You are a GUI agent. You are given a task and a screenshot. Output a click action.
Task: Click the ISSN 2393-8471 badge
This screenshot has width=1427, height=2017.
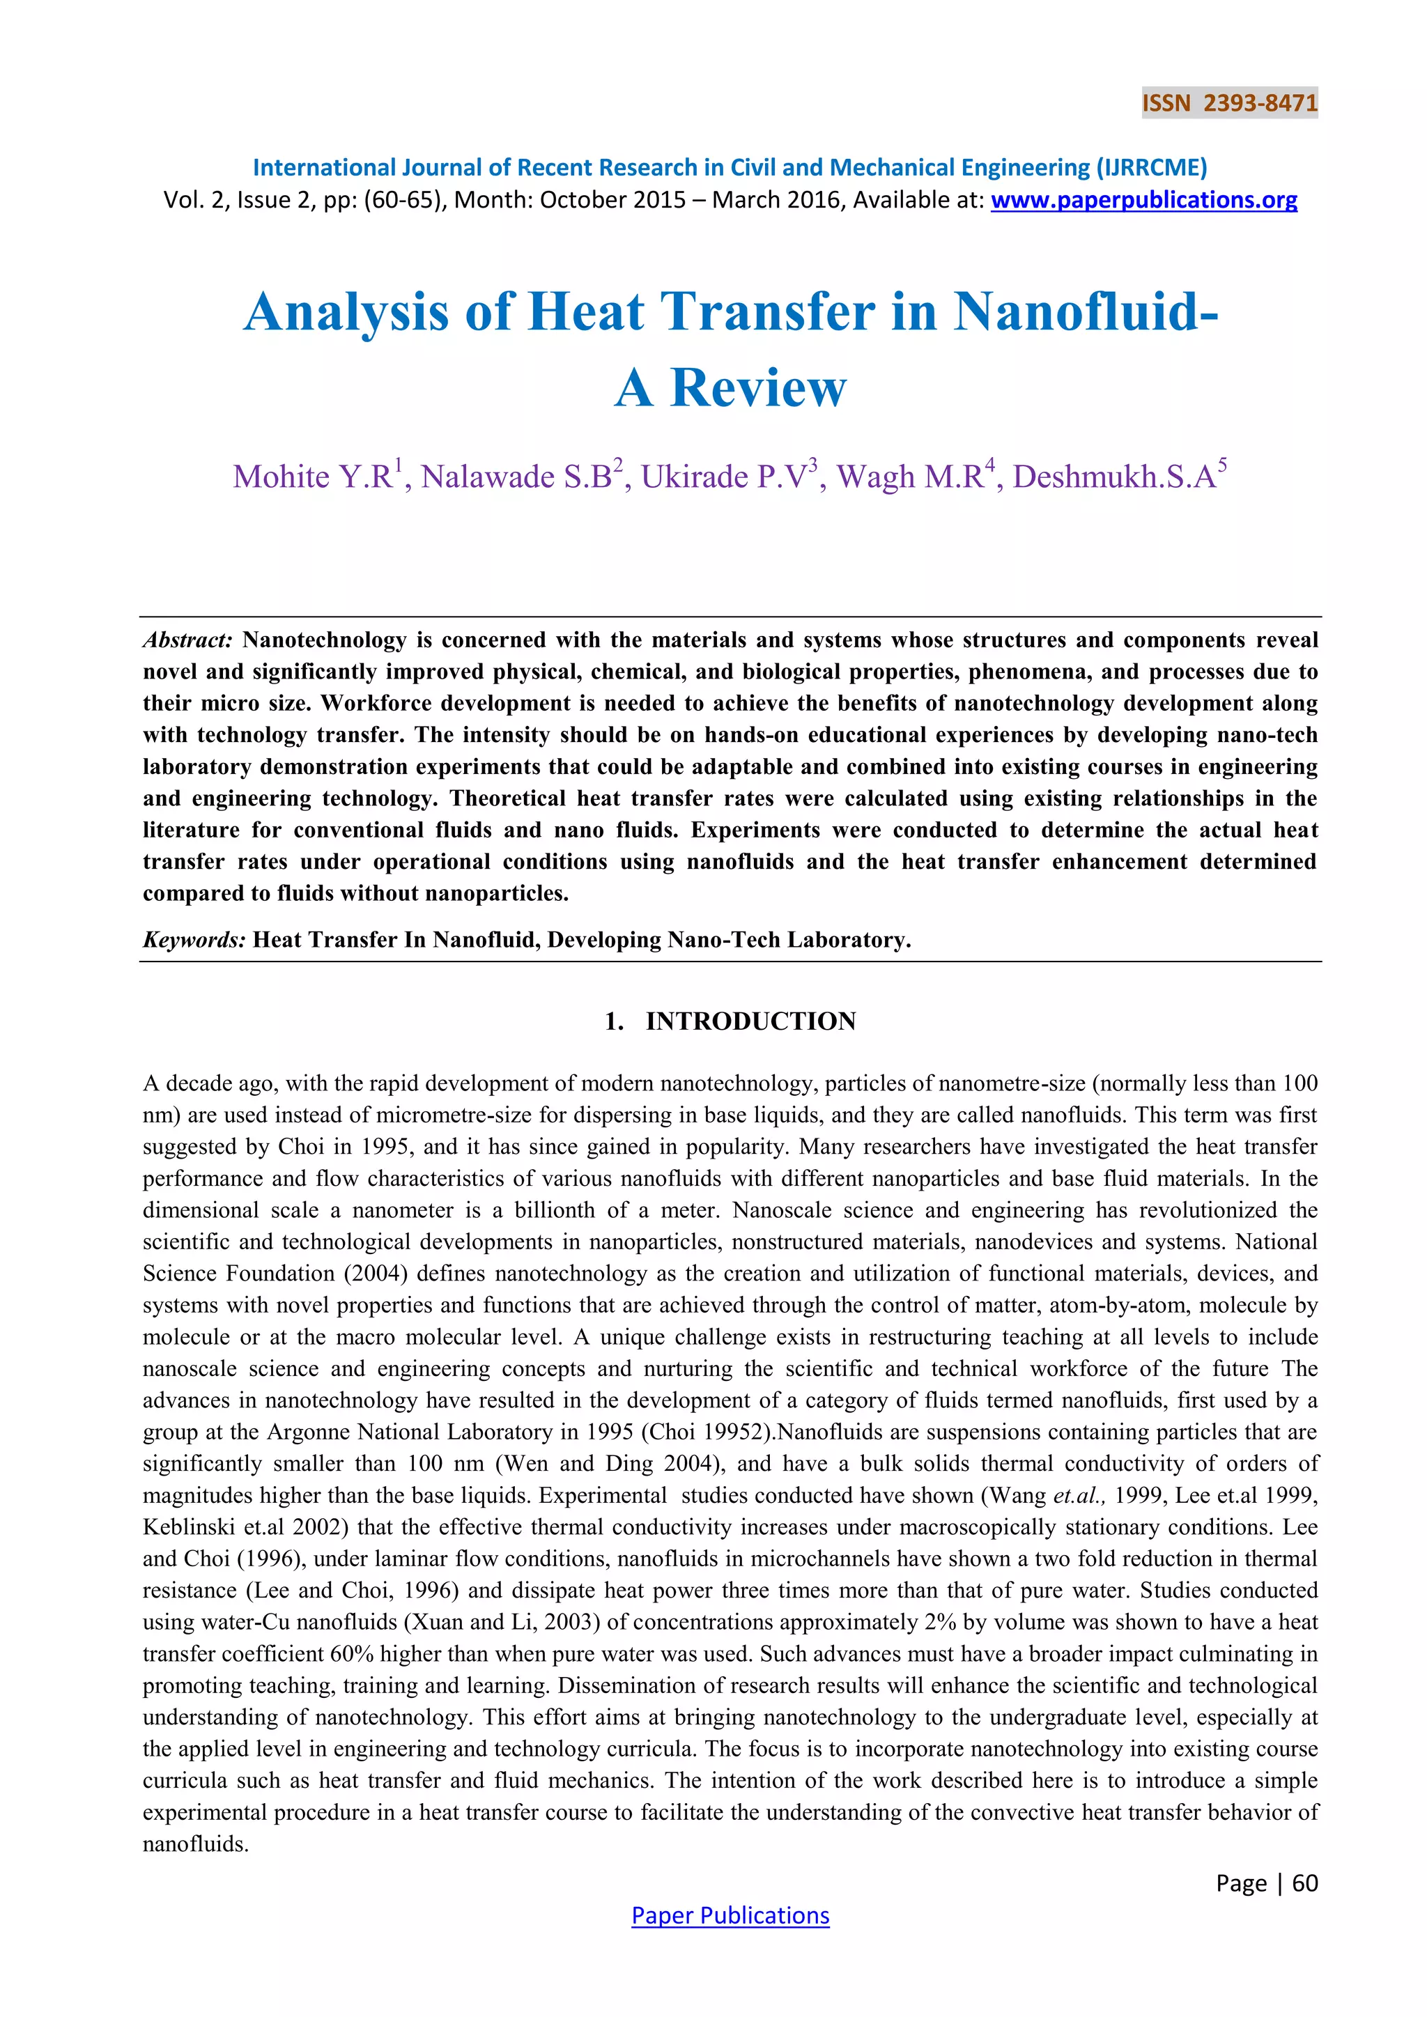click(1229, 104)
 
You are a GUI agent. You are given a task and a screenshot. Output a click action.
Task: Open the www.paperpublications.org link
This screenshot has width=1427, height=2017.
click(1143, 200)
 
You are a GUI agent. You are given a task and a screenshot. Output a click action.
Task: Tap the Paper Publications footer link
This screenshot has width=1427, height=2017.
click(730, 1915)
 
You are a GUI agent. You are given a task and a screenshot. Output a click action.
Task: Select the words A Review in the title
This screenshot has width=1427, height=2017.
click(730, 388)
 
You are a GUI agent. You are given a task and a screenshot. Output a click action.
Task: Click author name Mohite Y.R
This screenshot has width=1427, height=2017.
click(313, 477)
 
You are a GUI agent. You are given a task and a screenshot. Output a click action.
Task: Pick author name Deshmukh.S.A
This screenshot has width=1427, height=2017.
click(1114, 477)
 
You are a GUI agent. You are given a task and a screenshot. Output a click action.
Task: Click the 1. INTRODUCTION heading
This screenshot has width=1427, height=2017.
click(730, 1021)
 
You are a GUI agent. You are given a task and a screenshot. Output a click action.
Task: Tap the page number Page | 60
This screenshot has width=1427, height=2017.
click(1266, 1883)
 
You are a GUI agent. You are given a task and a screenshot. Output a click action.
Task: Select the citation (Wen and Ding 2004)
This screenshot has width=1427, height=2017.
click(628, 1464)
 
